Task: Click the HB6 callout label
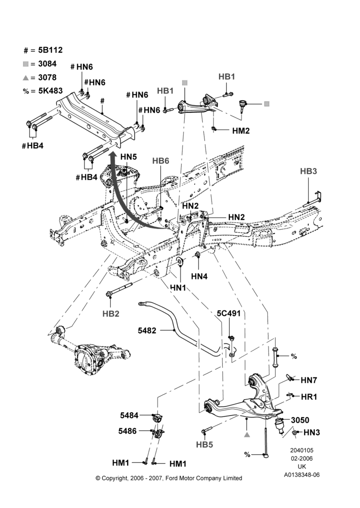point(161,161)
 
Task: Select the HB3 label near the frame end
point(308,171)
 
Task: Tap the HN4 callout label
point(199,276)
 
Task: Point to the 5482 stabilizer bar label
point(147,331)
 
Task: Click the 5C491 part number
point(229,313)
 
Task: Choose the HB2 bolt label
point(111,313)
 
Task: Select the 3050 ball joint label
point(300,420)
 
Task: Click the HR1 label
point(309,397)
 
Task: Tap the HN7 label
point(309,380)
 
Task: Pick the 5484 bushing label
point(129,416)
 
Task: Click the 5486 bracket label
point(128,431)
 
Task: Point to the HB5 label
point(204,444)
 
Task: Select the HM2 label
point(241,131)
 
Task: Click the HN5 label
point(129,157)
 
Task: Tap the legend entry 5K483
point(51,91)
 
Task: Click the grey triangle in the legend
point(25,78)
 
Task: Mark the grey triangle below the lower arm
point(247,434)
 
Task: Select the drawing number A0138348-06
point(302,475)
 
